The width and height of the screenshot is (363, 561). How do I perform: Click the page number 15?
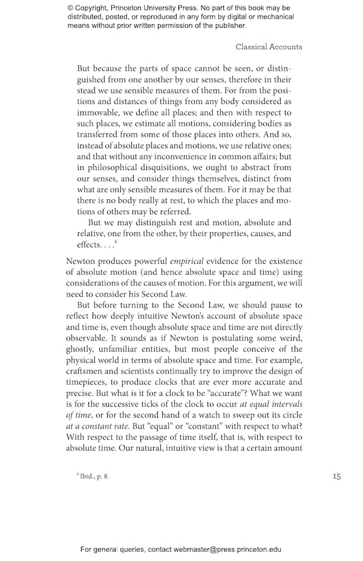336,476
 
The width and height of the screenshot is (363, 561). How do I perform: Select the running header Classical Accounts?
269,47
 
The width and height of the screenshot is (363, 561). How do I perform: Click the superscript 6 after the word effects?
116,241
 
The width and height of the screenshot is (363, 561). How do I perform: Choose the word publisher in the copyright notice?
227,26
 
